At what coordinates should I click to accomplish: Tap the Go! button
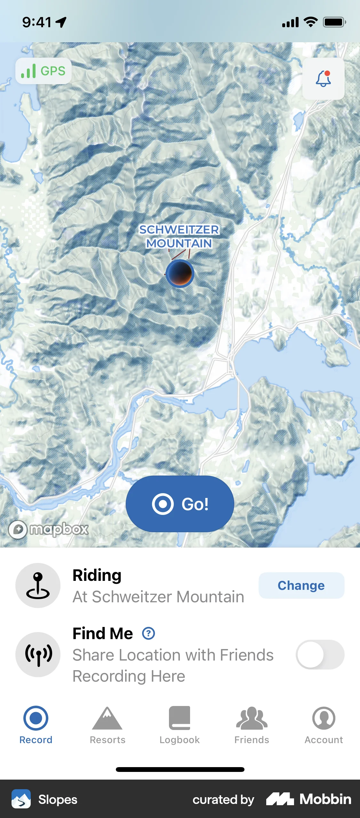coord(180,504)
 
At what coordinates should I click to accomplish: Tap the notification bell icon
coord(323,79)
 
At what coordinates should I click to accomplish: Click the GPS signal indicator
coord(44,71)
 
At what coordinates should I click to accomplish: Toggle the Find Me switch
coord(320,654)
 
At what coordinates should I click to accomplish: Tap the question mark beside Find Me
coord(148,633)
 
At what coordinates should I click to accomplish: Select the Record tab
coord(36,725)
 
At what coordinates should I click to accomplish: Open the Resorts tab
coord(108,725)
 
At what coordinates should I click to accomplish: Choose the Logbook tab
coord(180,725)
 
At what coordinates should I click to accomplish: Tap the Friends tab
coord(252,725)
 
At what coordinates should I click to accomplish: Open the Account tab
coord(324,725)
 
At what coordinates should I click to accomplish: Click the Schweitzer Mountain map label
coord(179,237)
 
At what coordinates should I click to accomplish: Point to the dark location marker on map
coord(180,273)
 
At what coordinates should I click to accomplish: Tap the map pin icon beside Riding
coord(38,585)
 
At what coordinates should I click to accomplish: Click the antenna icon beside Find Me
coord(38,654)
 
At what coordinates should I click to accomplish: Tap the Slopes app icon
coord(21,799)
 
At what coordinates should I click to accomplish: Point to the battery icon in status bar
coord(334,22)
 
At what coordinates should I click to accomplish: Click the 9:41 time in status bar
coord(37,22)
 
